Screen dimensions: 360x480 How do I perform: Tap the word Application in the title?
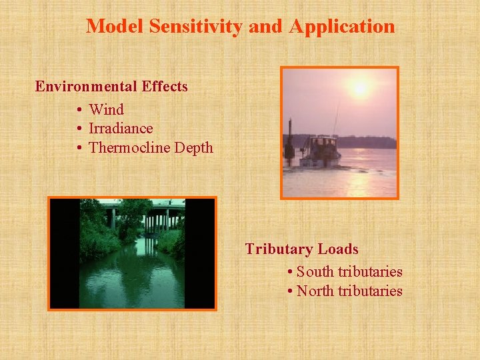pos(343,27)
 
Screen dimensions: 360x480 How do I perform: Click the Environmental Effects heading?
pos(111,87)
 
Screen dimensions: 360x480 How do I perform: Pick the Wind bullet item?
pos(106,109)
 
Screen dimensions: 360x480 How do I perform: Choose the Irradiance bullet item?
pos(121,129)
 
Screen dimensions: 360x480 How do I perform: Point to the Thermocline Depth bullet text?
pos(151,148)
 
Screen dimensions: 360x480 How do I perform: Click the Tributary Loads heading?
pos(301,249)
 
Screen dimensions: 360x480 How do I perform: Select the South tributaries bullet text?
pos(349,272)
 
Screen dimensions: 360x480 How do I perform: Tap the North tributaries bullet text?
pos(349,291)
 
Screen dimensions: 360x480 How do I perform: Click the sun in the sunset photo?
pos(360,88)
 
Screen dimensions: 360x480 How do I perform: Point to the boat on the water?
pos(320,151)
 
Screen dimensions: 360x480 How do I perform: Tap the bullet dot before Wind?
pos(79,109)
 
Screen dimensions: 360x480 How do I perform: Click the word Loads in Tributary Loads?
pos(338,249)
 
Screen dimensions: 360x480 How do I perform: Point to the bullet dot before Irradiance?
pos(79,129)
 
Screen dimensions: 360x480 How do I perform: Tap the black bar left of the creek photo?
pos(65,253)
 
